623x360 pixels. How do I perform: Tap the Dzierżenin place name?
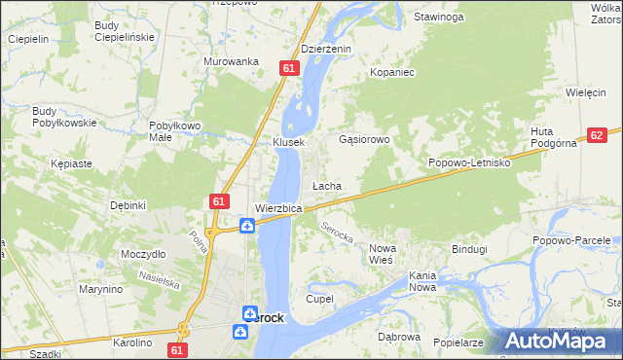click(x=325, y=49)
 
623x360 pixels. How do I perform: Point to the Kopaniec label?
click(x=393, y=72)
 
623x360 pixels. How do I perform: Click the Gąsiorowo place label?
click(x=364, y=139)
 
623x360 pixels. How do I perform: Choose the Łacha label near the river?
click(x=326, y=185)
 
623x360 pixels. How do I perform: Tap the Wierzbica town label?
click(x=278, y=208)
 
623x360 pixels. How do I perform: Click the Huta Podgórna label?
click(x=555, y=137)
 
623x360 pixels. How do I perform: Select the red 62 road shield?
click(x=598, y=136)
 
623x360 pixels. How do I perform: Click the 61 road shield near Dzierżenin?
click(x=289, y=68)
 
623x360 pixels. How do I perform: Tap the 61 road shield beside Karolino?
click(x=176, y=348)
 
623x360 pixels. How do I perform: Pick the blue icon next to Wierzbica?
click(x=248, y=226)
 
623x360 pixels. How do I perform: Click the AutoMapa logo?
click(x=561, y=341)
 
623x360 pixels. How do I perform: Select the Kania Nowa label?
click(x=422, y=281)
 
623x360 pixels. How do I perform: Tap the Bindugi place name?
click(x=469, y=249)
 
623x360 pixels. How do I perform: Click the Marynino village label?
click(x=101, y=289)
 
